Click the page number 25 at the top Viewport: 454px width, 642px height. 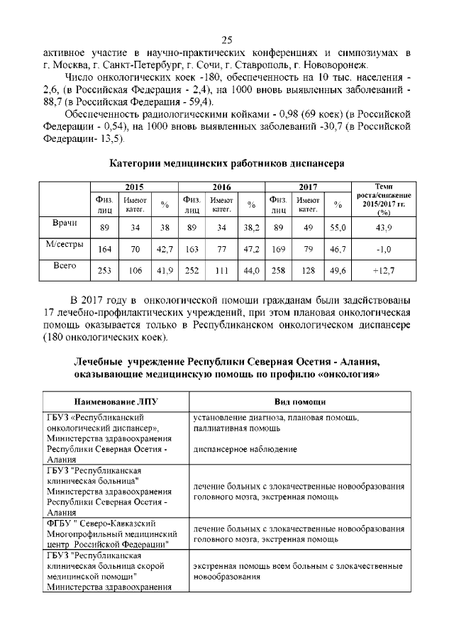[x=227, y=40]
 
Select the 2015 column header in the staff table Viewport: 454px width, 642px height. [x=134, y=187]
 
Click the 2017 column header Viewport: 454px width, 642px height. [x=307, y=187]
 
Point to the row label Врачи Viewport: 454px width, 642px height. [x=65, y=223]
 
